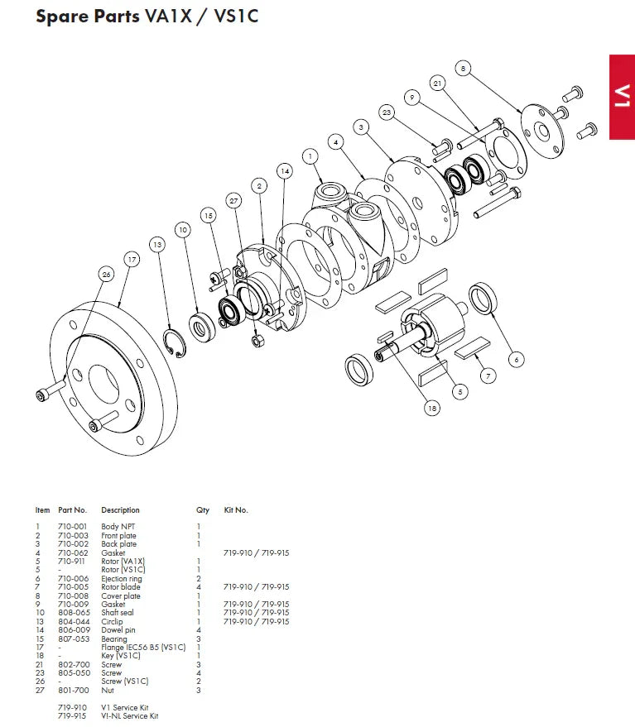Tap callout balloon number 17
click(131, 259)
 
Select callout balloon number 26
click(105, 274)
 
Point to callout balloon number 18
click(431, 407)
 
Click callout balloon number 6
click(517, 359)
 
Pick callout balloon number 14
click(284, 171)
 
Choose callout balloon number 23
click(386, 112)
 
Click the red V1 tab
click(622, 97)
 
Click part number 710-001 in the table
click(73, 527)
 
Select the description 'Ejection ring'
click(121, 578)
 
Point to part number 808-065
click(73, 613)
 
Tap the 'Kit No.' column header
click(236, 510)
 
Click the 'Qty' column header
click(203, 510)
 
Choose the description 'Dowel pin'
click(117, 630)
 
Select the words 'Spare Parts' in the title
click(88, 17)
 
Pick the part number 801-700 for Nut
click(73, 690)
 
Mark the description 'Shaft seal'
click(118, 613)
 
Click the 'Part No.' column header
click(73, 510)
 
